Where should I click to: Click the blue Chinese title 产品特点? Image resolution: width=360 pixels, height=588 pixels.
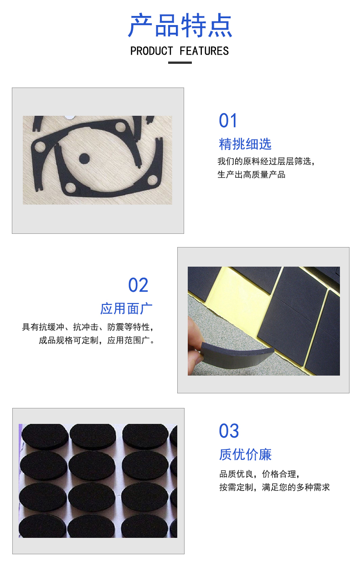tap(180, 26)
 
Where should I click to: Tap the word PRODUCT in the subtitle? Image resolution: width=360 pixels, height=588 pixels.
tap(152, 51)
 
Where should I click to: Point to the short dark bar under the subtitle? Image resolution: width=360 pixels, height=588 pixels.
tap(180, 62)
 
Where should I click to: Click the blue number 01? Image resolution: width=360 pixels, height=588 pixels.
tap(228, 121)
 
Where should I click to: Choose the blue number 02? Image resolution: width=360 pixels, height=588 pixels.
tap(138, 285)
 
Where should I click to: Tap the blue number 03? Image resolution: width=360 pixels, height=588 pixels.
tap(229, 431)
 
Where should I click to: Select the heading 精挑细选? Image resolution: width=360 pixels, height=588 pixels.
tap(245, 144)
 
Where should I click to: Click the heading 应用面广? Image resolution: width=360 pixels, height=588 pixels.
tap(126, 309)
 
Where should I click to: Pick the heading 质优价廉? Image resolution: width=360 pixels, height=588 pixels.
tap(245, 454)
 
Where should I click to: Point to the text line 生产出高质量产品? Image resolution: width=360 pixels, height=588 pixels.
tap(251, 175)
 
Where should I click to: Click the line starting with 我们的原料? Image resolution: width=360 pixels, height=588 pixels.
tap(266, 161)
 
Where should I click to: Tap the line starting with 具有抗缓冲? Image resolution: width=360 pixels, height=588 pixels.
tap(88, 327)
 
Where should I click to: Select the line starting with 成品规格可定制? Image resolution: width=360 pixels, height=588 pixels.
tap(97, 340)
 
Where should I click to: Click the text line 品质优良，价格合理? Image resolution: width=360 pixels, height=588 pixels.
tap(259, 474)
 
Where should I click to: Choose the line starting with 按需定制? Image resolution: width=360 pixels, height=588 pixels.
tap(274, 487)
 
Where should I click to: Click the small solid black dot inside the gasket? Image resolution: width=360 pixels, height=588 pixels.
tap(84, 158)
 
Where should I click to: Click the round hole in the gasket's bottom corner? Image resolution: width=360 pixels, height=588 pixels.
tap(70, 186)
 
